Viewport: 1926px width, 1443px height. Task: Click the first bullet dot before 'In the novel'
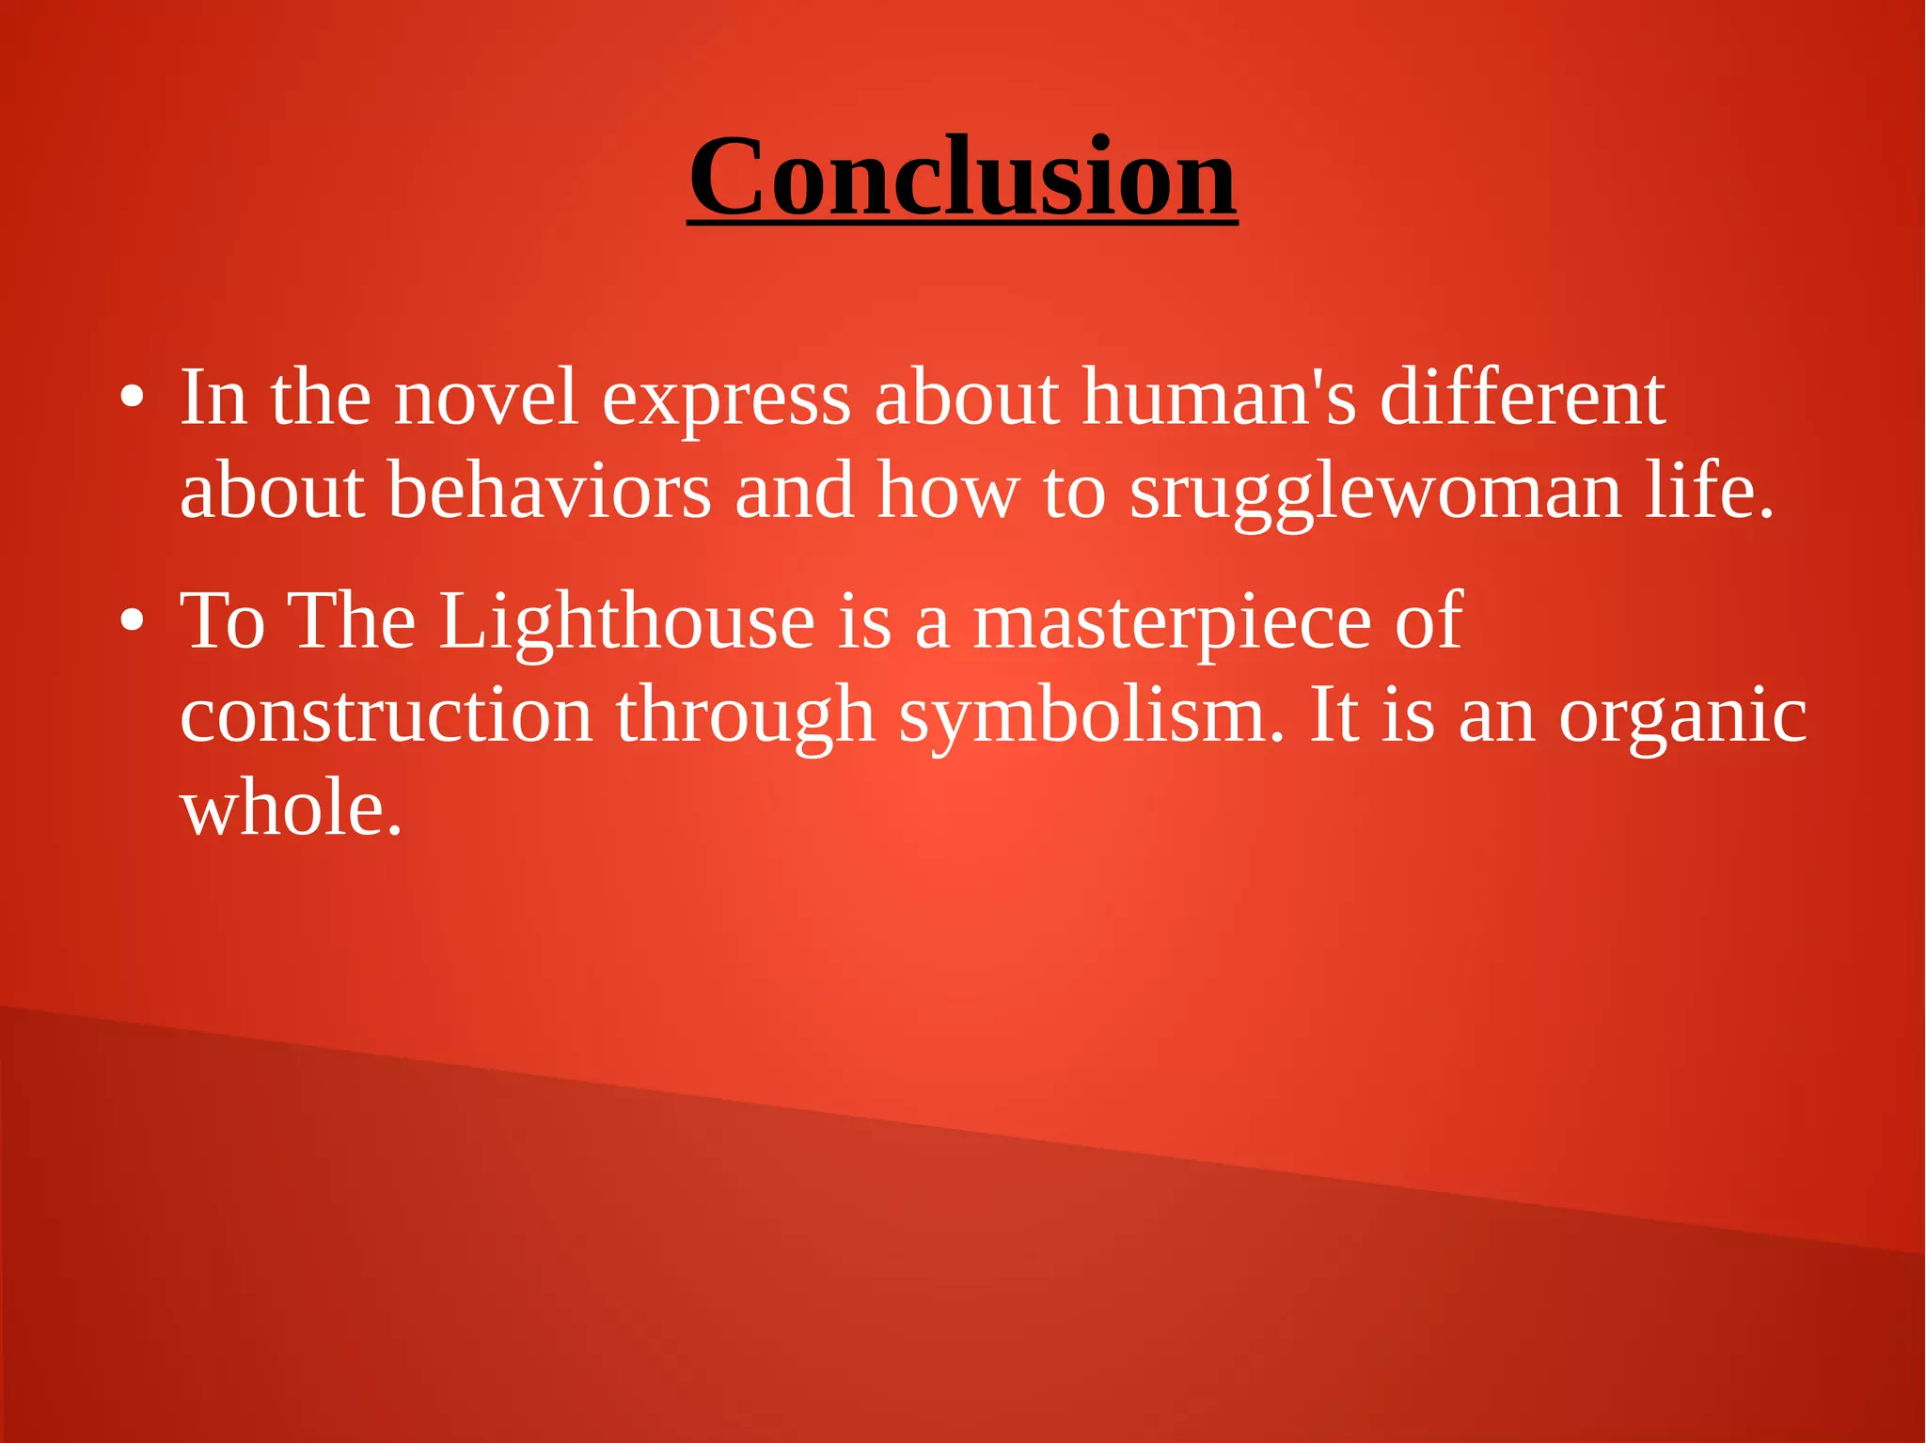click(x=132, y=398)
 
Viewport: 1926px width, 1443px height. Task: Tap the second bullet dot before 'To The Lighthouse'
click(x=132, y=621)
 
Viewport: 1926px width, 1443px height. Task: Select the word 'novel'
click(x=485, y=398)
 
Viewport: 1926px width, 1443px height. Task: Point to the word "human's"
click(x=1219, y=398)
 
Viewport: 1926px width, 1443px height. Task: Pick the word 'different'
click(x=1523, y=398)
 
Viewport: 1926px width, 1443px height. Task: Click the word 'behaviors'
click(x=549, y=491)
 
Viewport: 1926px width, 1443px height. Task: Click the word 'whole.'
click(x=292, y=809)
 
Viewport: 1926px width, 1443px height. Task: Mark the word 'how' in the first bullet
click(x=948, y=491)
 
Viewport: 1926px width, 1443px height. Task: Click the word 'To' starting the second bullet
click(x=223, y=621)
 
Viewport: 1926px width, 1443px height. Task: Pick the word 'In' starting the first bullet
click(x=213, y=398)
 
